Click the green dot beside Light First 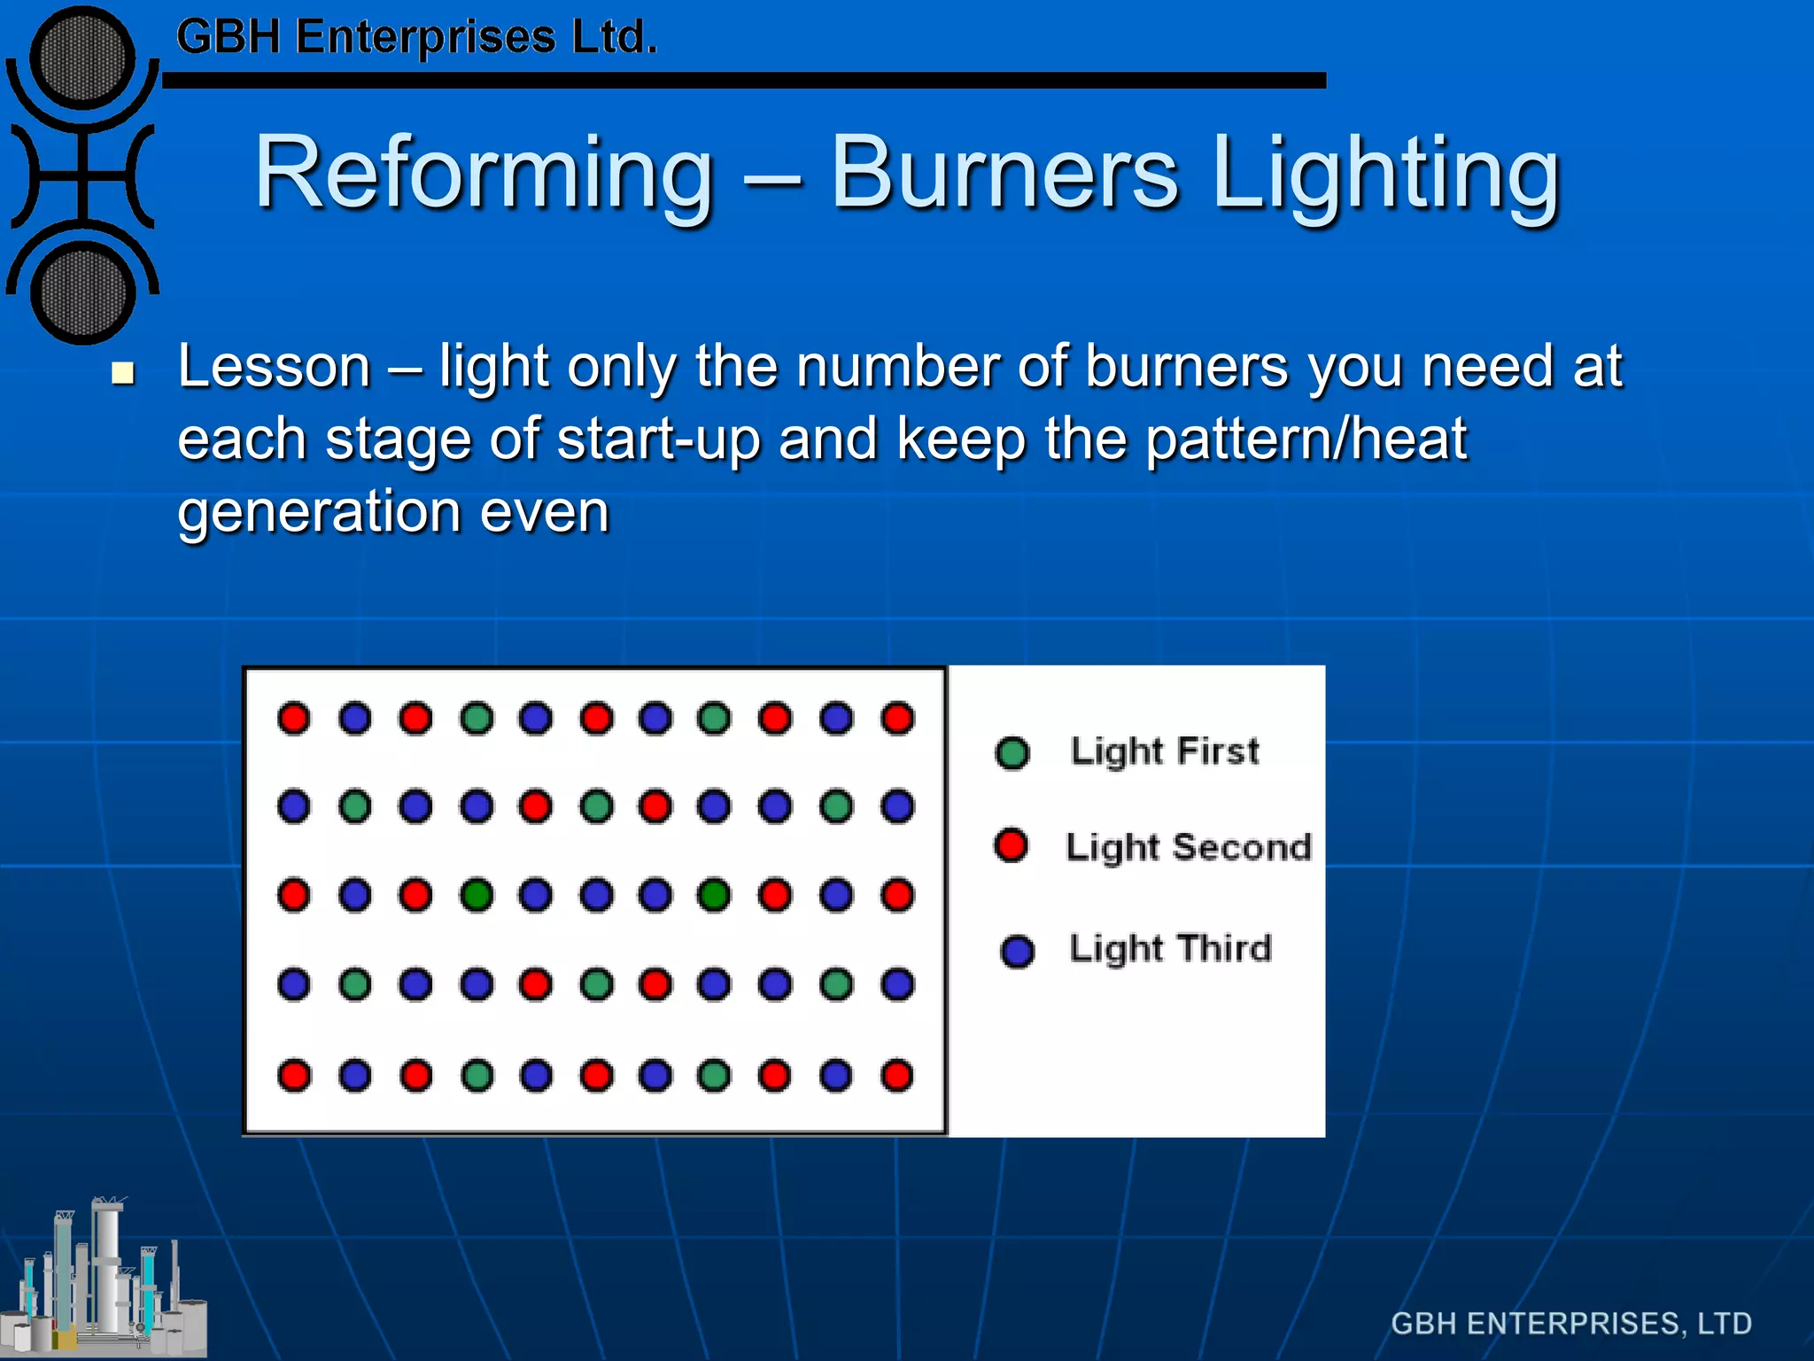[x=1012, y=753]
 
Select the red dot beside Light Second [x=1011, y=845]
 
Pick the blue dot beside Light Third [x=1017, y=951]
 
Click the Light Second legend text [x=1188, y=847]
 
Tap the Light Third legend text [x=1170, y=949]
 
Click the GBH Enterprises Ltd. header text [x=416, y=38]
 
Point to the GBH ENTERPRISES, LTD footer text [x=1570, y=1323]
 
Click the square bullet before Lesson [x=123, y=373]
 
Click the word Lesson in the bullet [x=274, y=367]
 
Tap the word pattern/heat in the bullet [x=1306, y=439]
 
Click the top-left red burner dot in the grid [x=294, y=718]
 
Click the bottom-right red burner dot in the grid [x=897, y=1076]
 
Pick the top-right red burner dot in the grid [x=897, y=718]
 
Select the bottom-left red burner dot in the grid [x=294, y=1076]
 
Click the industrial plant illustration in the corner [x=105, y=1280]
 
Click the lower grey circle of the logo [x=82, y=293]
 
